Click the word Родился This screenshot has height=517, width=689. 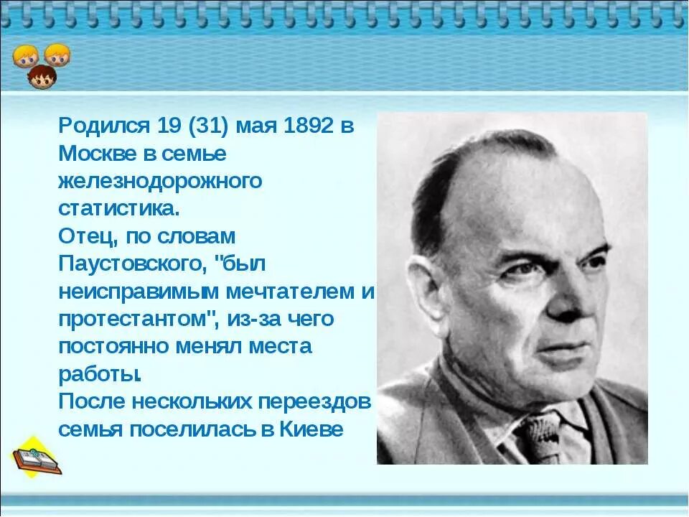102,126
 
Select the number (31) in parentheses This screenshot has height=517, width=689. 211,126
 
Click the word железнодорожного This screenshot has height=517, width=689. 160,182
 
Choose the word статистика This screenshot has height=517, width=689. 118,209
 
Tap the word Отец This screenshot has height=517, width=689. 81,236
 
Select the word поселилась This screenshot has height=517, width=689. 197,429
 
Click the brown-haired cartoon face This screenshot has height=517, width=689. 42,76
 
